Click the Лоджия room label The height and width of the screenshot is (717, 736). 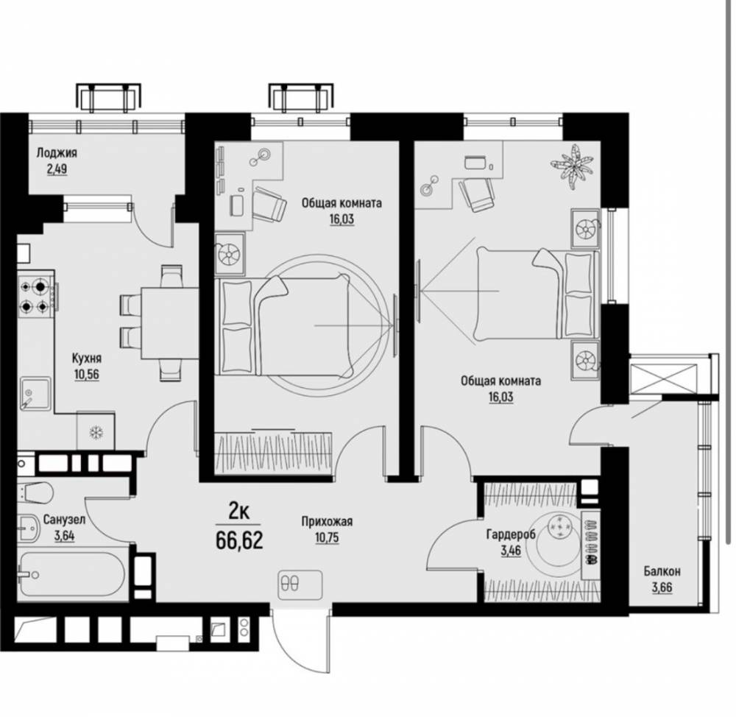[57, 152]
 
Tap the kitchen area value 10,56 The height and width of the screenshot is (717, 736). [86, 374]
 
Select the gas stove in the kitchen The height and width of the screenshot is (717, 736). [36, 296]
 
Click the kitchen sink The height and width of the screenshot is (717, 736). [35, 394]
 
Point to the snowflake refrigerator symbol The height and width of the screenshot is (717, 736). [96, 432]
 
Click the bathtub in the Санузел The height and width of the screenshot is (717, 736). [73, 573]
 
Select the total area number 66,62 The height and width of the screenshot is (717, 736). [239, 540]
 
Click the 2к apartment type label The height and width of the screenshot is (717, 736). [238, 511]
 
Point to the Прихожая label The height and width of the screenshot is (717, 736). [327, 521]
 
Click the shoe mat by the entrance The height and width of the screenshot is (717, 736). [300, 585]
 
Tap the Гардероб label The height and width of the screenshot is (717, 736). [511, 534]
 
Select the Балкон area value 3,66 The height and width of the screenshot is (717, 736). [662, 587]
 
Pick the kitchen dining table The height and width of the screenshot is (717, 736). [169, 323]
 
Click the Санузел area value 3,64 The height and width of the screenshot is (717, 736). [64, 535]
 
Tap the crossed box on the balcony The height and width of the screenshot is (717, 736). [662, 378]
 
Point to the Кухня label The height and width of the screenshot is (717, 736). [86, 358]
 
